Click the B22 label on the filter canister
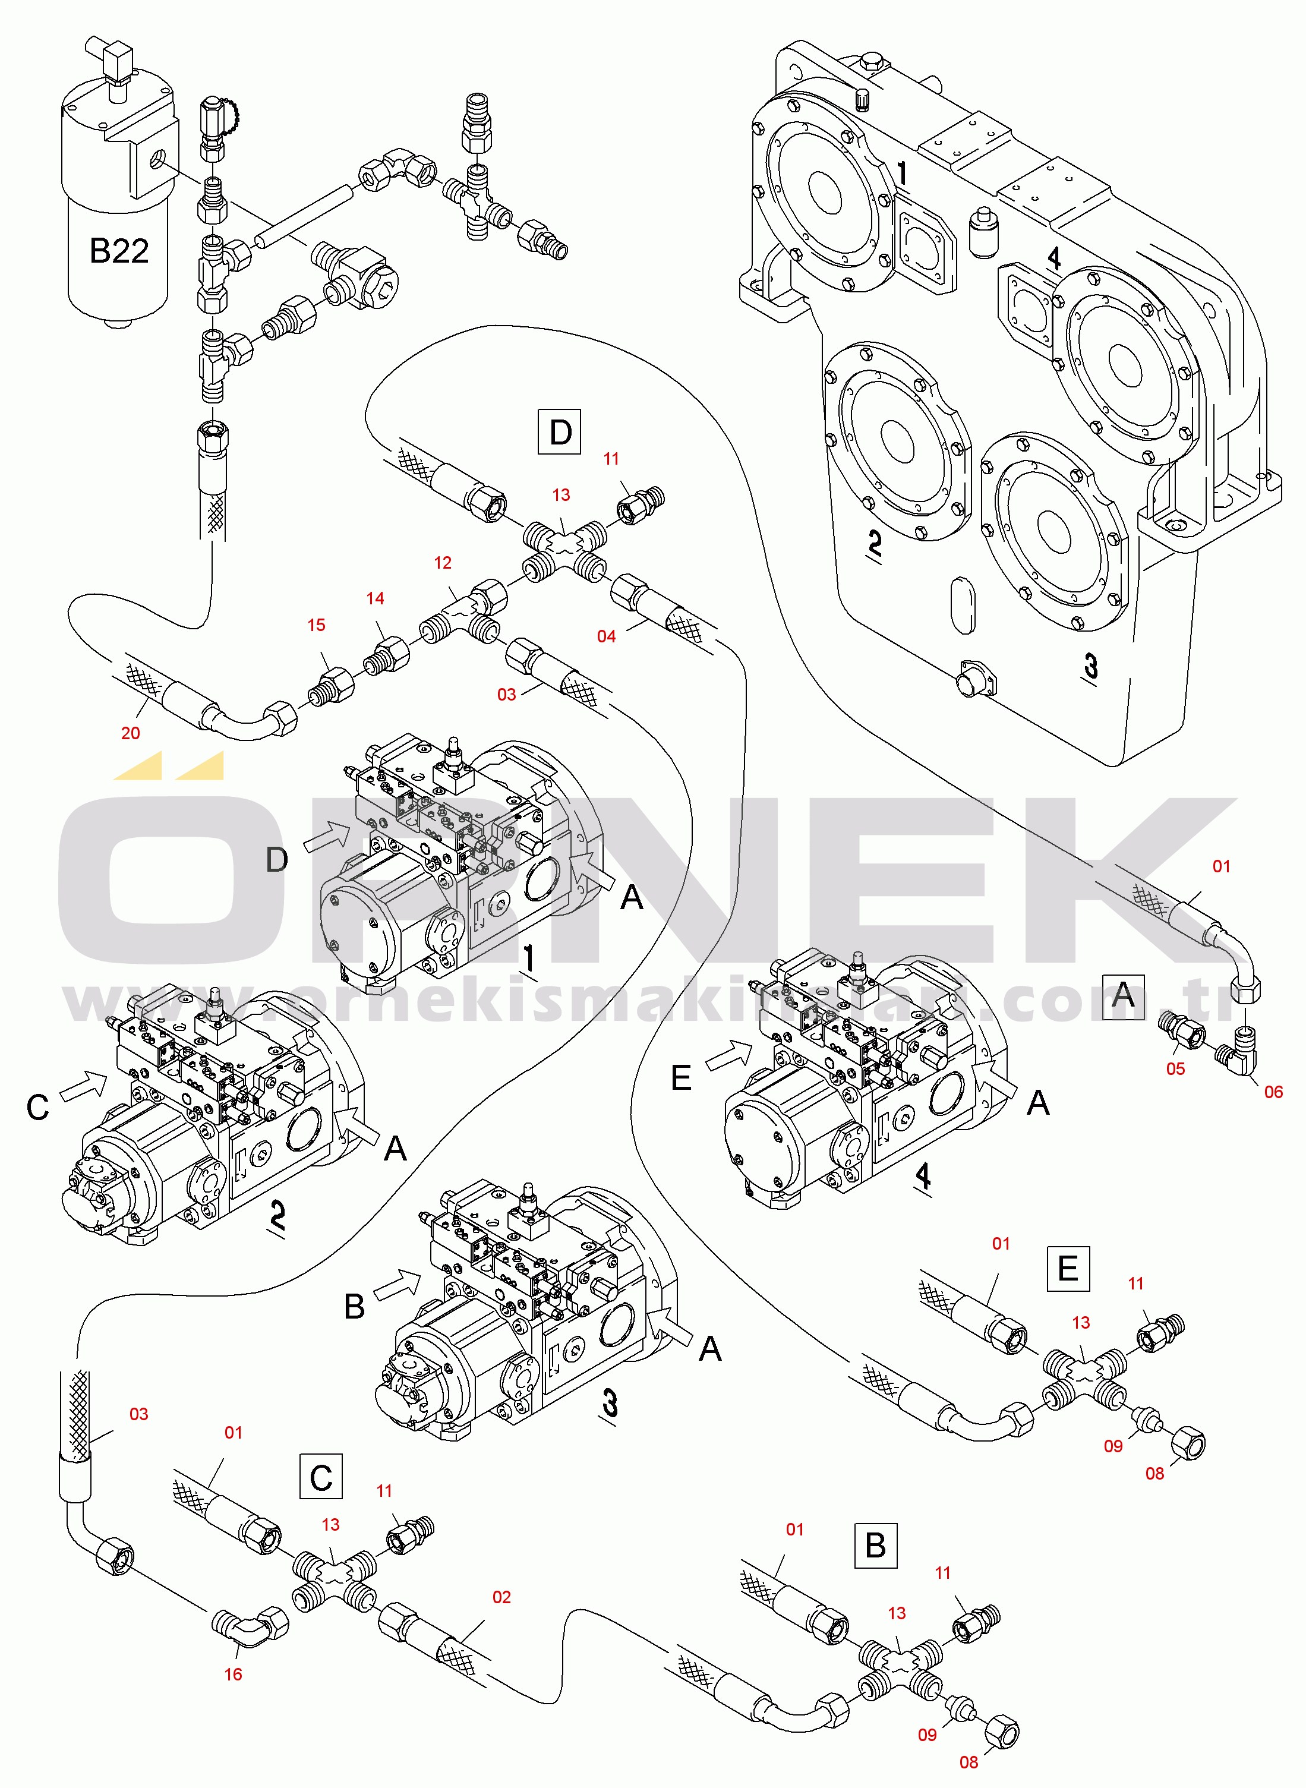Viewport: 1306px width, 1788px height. [119, 251]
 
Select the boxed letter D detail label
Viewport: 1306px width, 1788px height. [560, 431]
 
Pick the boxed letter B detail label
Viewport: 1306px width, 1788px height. [876, 1546]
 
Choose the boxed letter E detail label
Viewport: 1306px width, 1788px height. [1068, 1269]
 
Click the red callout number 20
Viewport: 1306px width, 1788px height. [131, 733]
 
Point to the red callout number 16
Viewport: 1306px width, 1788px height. [233, 1674]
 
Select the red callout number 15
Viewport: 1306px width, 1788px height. [316, 625]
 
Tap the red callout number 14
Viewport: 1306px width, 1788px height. [376, 599]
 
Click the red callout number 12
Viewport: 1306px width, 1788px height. [443, 563]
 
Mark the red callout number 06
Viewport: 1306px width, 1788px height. [1273, 1092]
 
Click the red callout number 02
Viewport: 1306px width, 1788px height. [502, 1597]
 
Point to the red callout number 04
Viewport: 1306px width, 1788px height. [606, 636]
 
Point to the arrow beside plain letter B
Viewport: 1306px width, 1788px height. [398, 1285]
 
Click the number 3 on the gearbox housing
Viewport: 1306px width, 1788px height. [1091, 666]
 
